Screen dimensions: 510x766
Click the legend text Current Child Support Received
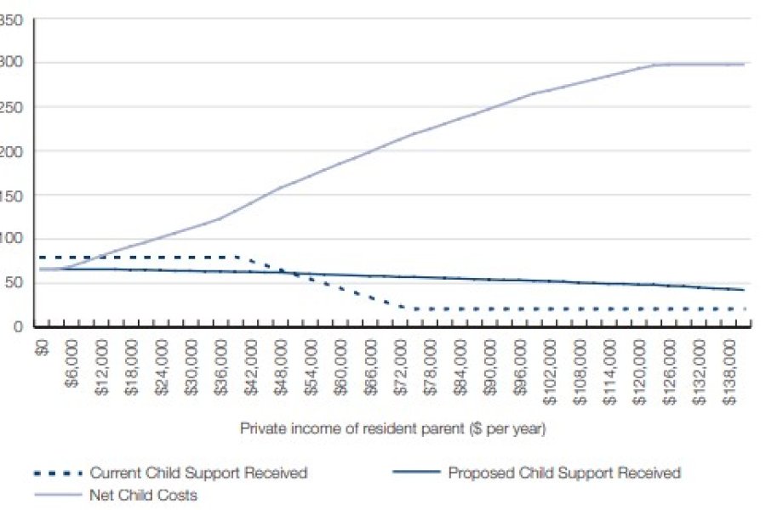point(198,473)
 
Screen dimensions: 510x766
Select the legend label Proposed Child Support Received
point(564,473)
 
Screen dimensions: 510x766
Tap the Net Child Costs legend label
point(143,495)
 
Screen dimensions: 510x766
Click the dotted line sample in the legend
point(57,473)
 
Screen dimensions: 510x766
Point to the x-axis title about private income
point(392,429)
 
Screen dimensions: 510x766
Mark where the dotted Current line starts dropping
point(237,257)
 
